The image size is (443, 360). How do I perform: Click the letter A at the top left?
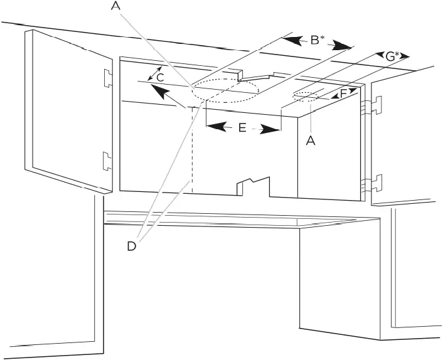(x=115, y=6)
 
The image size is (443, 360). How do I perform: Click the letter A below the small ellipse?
(x=309, y=141)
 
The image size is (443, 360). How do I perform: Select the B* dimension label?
(x=316, y=41)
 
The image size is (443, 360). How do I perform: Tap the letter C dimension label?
(x=160, y=77)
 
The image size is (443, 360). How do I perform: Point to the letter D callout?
(x=131, y=246)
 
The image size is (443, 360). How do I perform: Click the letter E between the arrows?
(x=242, y=127)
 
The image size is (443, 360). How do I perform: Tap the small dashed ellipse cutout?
(x=305, y=96)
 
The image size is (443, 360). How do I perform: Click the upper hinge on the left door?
(x=107, y=78)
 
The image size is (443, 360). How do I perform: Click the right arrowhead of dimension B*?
(x=342, y=47)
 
